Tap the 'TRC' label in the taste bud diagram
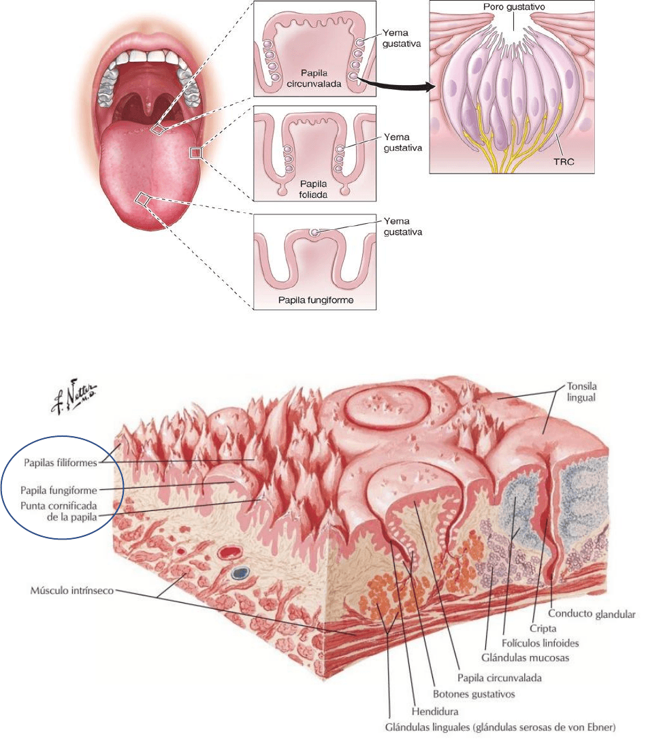point(569,163)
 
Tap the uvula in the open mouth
point(148,102)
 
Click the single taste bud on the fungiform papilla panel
point(314,233)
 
